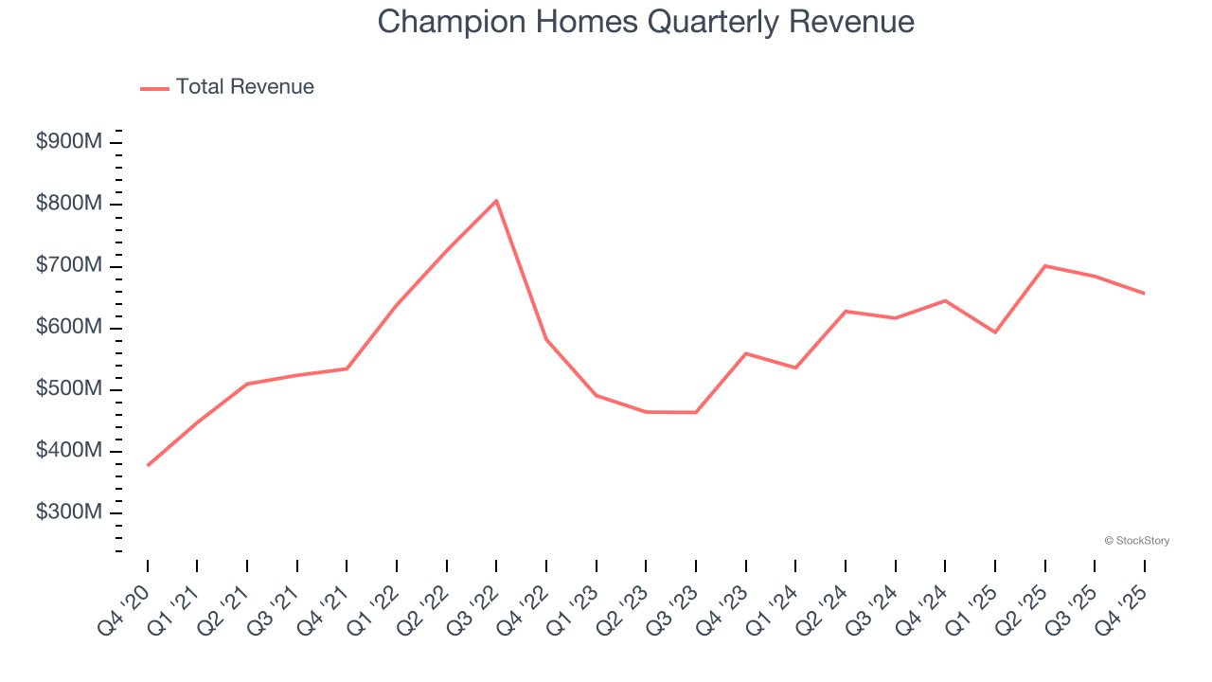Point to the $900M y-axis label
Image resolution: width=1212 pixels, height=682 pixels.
pos(69,142)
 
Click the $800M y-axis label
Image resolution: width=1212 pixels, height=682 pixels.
pos(69,204)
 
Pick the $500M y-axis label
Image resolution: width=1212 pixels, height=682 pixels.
pos(69,389)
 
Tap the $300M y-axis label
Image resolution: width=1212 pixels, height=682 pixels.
pos(69,512)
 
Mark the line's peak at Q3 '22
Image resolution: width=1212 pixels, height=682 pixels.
pos(496,201)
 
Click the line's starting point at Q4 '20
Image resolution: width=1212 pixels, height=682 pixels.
pos(148,465)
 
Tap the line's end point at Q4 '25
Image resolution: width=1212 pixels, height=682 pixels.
pos(1144,294)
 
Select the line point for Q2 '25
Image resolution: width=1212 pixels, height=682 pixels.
pos(1044,266)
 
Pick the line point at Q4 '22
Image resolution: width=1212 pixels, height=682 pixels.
pos(546,339)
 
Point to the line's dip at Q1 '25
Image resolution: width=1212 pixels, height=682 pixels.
pos(994,332)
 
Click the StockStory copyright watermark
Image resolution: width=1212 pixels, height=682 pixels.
pos(1136,541)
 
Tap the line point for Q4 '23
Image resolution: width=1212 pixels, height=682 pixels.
pos(745,353)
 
